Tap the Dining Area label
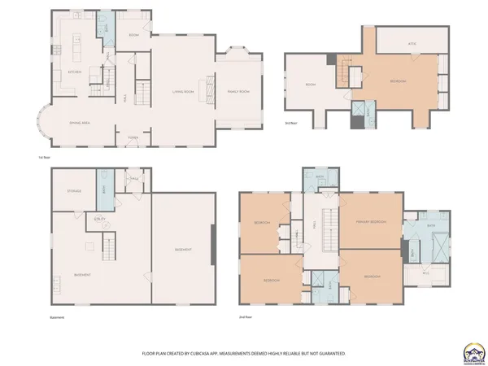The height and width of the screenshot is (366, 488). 78,122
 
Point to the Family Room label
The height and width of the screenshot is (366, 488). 237,92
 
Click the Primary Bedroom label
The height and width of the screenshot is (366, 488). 370,221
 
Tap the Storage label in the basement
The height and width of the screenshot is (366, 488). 74,192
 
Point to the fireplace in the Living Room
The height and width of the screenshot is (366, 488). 211,87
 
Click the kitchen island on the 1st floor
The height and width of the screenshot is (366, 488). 77,49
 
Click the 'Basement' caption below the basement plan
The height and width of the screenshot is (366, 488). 57,318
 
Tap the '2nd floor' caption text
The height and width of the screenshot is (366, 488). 246,317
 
